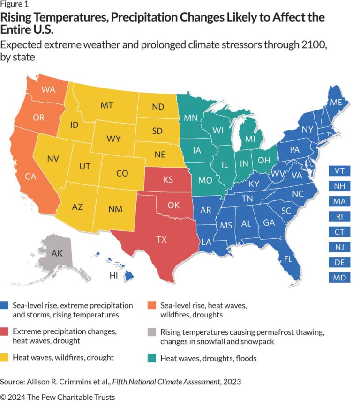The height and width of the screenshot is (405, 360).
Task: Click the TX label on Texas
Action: pyautogui.click(x=161, y=239)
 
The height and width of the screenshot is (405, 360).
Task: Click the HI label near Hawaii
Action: pyautogui.click(x=113, y=275)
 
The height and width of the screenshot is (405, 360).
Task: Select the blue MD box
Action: pyautogui.click(x=340, y=278)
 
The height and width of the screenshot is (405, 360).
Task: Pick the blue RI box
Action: pyautogui.click(x=340, y=217)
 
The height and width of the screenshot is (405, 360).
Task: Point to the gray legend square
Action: pyautogui.click(x=153, y=331)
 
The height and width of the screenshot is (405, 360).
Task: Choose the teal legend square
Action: pyautogui.click(x=153, y=358)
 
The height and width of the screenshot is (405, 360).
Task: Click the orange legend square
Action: pyautogui.click(x=153, y=305)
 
